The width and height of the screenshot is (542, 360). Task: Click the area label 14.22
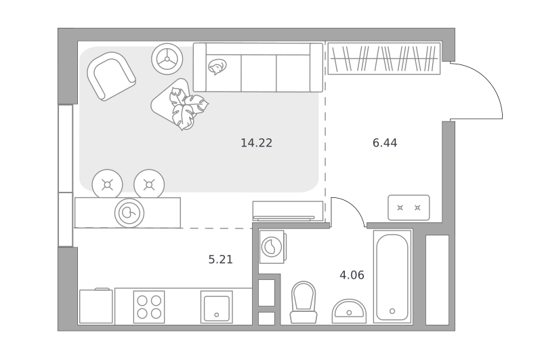257,142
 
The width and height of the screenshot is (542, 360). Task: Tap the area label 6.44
385,142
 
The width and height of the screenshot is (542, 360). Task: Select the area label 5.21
221,259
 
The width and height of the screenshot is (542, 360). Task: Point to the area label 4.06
352,275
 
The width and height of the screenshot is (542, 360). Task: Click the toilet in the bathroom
304,302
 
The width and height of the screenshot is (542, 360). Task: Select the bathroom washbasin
349,311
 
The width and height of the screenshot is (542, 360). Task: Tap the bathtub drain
392,311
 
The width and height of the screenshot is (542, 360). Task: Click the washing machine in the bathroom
272,247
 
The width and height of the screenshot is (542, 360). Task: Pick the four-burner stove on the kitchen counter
149,306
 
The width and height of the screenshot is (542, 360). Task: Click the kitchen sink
217,306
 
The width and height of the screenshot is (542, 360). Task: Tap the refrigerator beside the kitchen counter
96,306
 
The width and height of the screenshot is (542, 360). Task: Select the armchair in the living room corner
111,77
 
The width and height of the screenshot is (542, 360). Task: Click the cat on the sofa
217,66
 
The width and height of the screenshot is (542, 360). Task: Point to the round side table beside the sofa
167,59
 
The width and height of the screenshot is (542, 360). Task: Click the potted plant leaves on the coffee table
187,108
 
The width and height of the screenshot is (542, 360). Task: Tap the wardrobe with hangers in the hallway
384,58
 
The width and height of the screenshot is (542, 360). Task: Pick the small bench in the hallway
409,207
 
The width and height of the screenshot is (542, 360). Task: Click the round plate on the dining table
129,213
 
